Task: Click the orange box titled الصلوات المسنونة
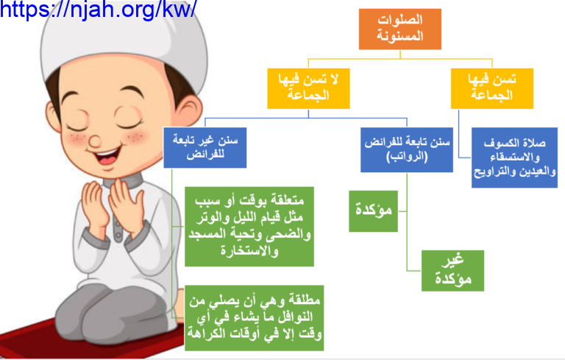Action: [x=400, y=29]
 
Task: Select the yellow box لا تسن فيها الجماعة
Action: [x=308, y=88]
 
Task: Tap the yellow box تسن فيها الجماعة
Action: [x=492, y=88]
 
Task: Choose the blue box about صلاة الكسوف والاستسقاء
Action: [x=514, y=158]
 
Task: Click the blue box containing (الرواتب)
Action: [x=407, y=149]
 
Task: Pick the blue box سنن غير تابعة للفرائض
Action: [x=205, y=147]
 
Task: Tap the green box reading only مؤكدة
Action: [x=373, y=211]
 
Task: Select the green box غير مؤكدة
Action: [x=452, y=270]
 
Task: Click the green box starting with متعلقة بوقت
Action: [x=249, y=227]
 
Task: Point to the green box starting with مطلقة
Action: [x=254, y=318]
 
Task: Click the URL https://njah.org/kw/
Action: [x=98, y=9]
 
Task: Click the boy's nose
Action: [x=95, y=141]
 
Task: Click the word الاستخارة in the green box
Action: [x=249, y=251]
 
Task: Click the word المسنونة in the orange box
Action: [x=400, y=36]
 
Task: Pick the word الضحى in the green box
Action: [x=292, y=234]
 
